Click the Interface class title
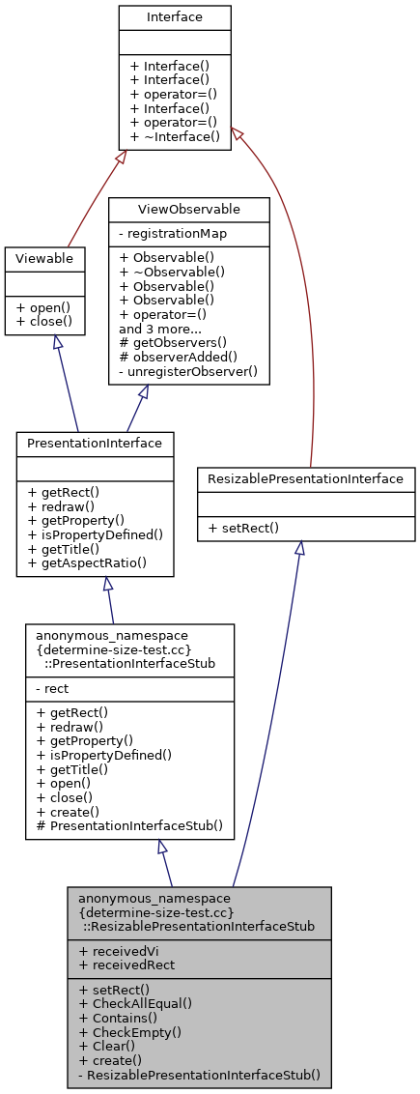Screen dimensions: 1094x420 coord(175,17)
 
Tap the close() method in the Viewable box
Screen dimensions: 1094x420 coord(44,321)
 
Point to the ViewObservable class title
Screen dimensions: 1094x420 coord(188,209)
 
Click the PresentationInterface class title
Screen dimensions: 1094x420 coord(95,444)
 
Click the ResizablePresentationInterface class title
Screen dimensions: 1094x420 coord(306,478)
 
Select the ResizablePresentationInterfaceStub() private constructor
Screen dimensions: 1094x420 coord(200,1074)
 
